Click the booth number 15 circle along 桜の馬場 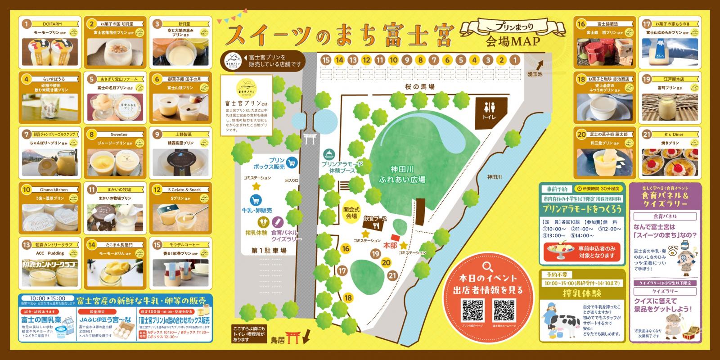point(326,60)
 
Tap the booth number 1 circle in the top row point(515,60)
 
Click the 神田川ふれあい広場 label point(402,175)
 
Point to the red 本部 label point(390,246)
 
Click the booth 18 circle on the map point(348,297)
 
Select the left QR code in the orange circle point(472,310)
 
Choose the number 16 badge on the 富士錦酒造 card point(581,24)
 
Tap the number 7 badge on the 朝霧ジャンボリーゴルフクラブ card point(27,134)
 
